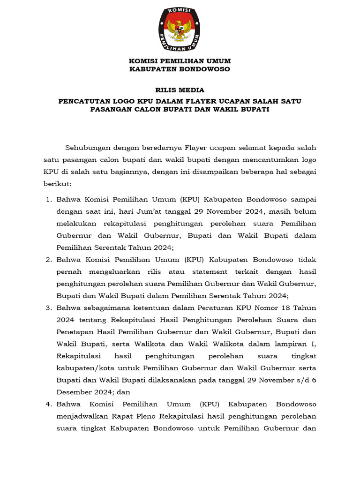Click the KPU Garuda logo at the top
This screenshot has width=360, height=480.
[180, 30]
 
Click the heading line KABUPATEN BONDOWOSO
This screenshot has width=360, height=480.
[180, 69]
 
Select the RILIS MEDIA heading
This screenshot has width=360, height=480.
[180, 90]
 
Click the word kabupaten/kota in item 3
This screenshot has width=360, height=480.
[80, 368]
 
